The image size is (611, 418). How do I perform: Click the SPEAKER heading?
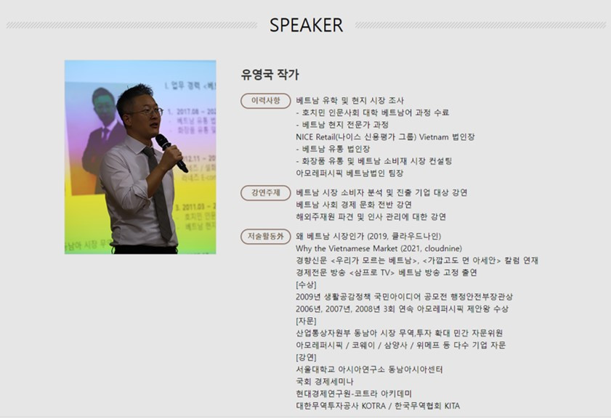306,25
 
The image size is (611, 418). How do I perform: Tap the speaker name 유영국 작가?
270,75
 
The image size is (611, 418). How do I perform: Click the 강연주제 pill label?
266,192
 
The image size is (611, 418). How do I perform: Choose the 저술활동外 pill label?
266,236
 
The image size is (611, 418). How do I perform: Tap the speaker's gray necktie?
158,192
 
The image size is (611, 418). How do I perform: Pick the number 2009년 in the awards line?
308,297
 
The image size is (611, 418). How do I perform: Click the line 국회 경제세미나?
324,382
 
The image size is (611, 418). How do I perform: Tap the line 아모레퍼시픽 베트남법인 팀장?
349,173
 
